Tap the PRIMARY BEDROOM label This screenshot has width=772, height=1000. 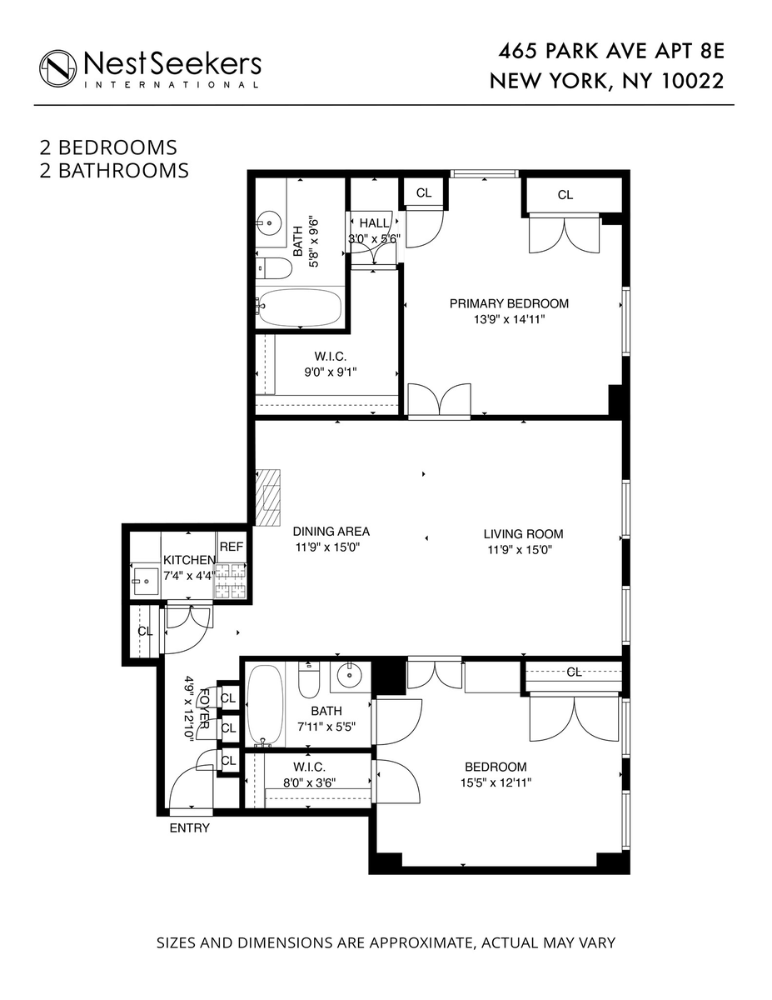coord(509,304)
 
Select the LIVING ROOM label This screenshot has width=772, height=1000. coord(523,534)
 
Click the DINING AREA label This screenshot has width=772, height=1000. coord(331,531)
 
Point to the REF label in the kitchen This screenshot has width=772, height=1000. coord(232,547)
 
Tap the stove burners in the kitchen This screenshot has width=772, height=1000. coord(232,582)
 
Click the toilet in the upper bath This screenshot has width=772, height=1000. coord(274,267)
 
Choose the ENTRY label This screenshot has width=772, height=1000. coord(189,828)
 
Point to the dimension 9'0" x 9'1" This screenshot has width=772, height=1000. coord(330,372)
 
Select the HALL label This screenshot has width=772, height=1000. coord(374,223)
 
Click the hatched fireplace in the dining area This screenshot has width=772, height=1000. coord(271,497)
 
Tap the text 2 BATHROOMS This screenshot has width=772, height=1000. coord(114,171)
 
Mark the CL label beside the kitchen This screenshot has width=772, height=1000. coord(144,631)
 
